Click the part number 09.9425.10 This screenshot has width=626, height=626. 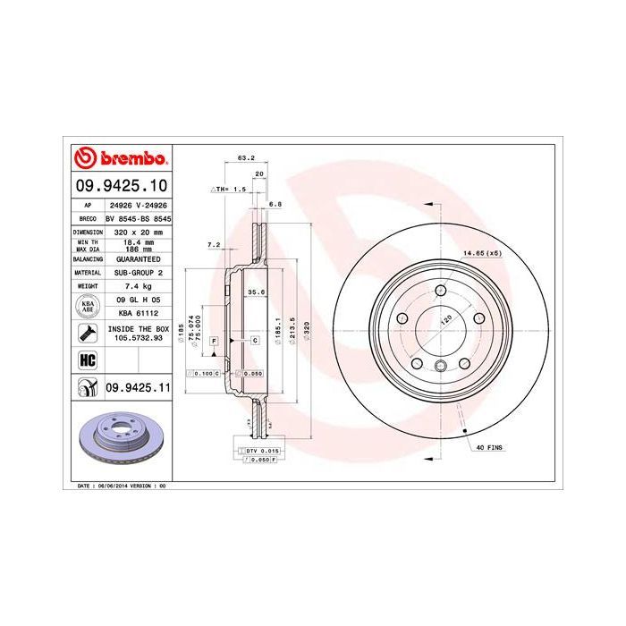120,186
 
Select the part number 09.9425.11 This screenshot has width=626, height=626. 137,386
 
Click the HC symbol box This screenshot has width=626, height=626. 88,360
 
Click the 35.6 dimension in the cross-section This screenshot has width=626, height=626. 255,292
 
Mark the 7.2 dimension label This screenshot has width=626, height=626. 213,244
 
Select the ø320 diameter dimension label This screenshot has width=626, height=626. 308,332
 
